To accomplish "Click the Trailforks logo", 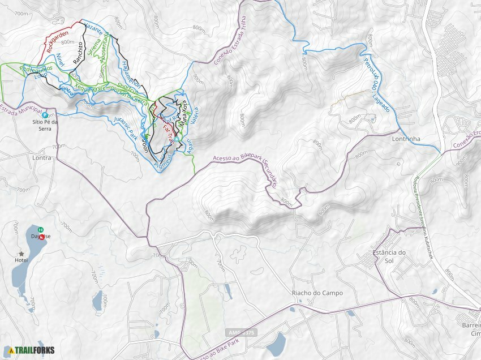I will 32,350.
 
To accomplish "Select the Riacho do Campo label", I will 317,293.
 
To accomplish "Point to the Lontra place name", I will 42,158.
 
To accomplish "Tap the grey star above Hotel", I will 22,254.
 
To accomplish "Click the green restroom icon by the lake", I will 41,230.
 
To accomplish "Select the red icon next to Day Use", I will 41,237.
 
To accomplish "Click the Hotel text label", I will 22,261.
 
